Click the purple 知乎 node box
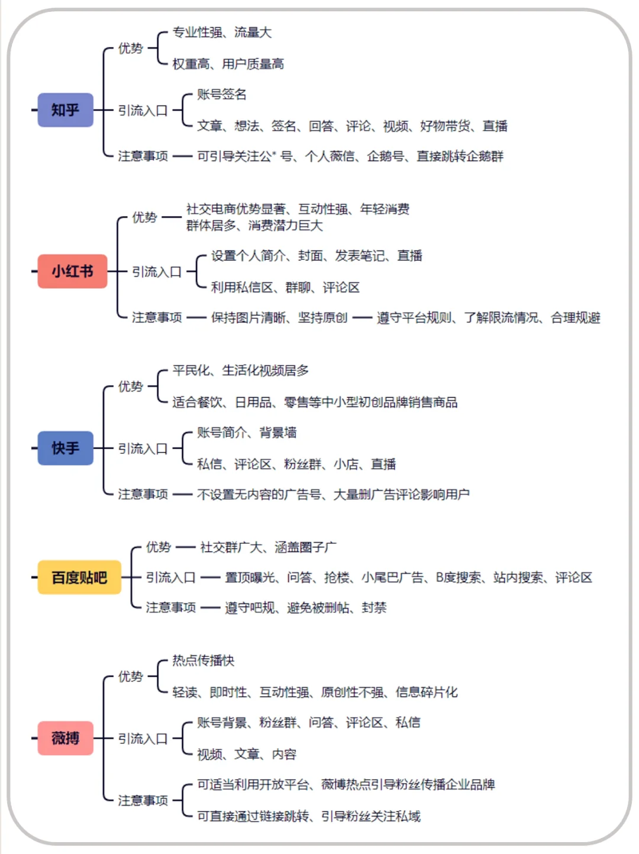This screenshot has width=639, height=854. [x=65, y=110]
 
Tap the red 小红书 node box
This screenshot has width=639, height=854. [x=72, y=272]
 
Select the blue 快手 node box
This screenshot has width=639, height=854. [x=65, y=448]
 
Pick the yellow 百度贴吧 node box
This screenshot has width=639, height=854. [x=79, y=577]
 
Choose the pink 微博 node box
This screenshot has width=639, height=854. [x=65, y=738]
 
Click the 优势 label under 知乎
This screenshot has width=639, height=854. [x=130, y=49]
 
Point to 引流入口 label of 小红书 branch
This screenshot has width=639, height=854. [x=156, y=272]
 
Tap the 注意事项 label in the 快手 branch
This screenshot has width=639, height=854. [x=143, y=494]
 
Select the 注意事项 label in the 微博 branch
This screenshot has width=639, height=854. [x=143, y=800]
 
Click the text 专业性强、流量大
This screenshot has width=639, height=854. [x=222, y=33]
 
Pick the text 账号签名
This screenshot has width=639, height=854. [x=221, y=94]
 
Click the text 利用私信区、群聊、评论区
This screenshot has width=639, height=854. [x=285, y=288]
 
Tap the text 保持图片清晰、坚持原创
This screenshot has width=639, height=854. [x=279, y=318]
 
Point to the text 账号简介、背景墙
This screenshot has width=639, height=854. [x=247, y=433]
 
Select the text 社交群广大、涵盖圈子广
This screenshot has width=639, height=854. [x=268, y=547]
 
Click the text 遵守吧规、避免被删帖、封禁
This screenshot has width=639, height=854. [x=305, y=608]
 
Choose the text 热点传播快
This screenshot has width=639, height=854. [x=203, y=660]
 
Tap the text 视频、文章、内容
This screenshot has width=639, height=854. [x=246, y=754]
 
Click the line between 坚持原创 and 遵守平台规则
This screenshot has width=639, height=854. [x=362, y=318]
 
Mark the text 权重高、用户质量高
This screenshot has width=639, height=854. [x=228, y=64]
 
